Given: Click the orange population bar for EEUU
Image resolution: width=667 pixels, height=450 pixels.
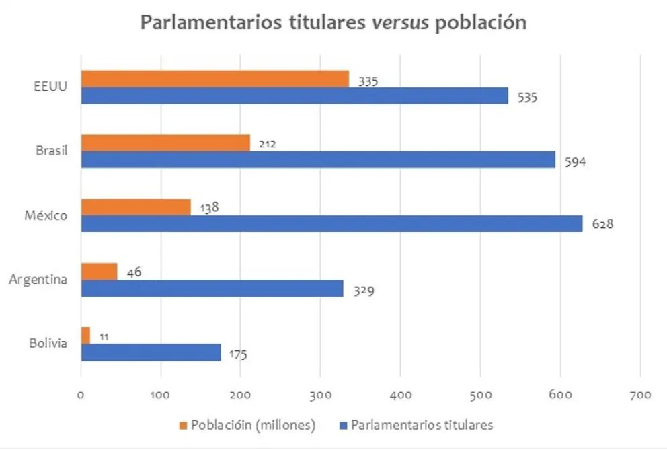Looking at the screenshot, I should click(x=214, y=79).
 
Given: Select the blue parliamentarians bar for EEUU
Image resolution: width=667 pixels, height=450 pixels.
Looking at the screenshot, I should click(x=294, y=96).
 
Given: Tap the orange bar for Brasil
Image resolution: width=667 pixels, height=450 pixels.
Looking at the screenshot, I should click(x=165, y=143).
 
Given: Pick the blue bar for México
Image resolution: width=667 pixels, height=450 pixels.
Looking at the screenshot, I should click(x=331, y=223).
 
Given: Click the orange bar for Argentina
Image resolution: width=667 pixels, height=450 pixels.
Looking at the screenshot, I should click(x=99, y=271).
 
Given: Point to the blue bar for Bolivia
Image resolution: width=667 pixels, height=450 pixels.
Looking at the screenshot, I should click(x=151, y=352).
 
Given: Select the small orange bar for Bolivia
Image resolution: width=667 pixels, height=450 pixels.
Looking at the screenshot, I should click(x=85, y=335).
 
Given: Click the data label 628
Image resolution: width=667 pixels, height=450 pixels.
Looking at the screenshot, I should click(x=602, y=223).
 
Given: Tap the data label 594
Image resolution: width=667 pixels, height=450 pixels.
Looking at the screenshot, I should click(x=576, y=162).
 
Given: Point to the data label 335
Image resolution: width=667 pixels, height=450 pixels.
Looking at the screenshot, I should click(x=368, y=81).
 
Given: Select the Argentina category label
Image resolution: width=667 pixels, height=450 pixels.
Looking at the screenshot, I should click(x=38, y=279).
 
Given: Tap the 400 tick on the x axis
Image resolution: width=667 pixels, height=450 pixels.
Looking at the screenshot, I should click(x=400, y=395).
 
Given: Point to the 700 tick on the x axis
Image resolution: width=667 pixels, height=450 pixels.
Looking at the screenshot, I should click(x=640, y=395).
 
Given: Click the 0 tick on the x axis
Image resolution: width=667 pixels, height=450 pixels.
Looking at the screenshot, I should click(x=81, y=395).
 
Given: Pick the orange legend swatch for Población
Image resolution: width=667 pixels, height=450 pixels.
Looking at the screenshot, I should click(x=183, y=425).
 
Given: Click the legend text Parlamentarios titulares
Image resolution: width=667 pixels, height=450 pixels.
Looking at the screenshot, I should click(x=422, y=425).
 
